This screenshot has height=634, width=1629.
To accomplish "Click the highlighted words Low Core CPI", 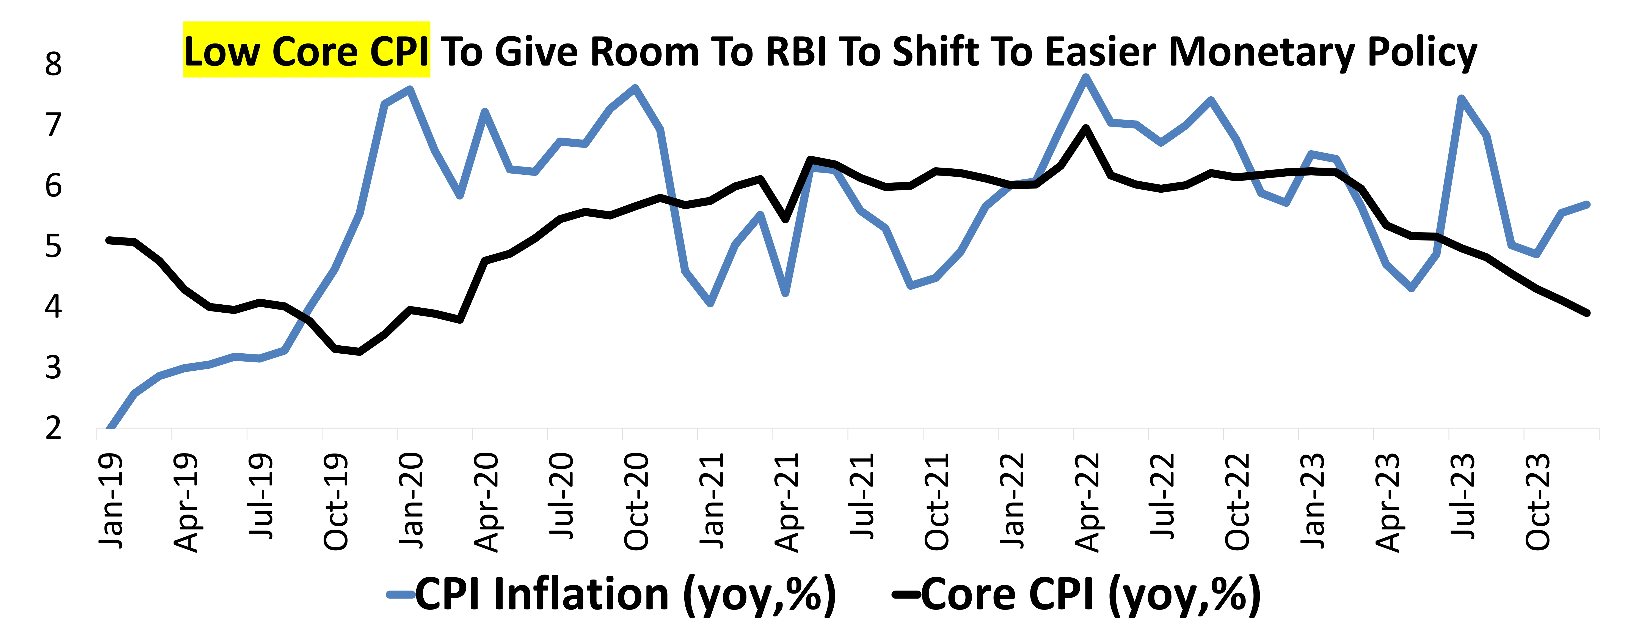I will (x=306, y=51).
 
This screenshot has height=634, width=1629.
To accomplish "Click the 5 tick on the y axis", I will (x=54, y=246).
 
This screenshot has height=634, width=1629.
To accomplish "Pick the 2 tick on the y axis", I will (x=54, y=428).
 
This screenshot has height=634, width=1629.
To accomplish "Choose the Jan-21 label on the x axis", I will (x=712, y=500).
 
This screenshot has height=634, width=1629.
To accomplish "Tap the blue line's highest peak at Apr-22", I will (x=1086, y=78).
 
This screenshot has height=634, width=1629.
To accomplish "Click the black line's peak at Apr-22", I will (x=1086, y=128).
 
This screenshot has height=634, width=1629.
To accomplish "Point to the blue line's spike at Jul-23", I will (x=1461, y=98).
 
